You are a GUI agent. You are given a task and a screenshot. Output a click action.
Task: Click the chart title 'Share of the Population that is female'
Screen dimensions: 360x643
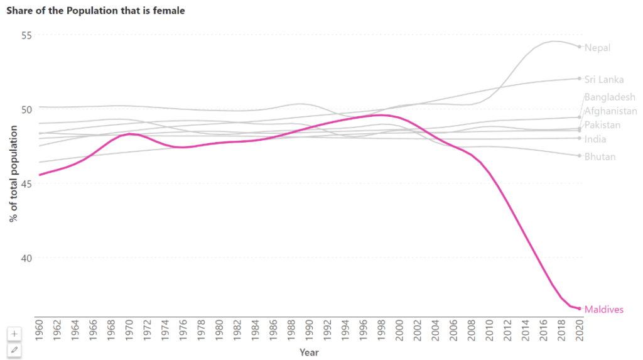pos(95,11)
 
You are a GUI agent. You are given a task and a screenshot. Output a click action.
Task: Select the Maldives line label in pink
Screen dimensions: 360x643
pos(603,310)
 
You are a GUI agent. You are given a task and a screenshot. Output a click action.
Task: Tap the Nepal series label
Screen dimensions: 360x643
pos(597,48)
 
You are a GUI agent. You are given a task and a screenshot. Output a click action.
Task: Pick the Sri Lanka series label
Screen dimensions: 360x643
pos(603,79)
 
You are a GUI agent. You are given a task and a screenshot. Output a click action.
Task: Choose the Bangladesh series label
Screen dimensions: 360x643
pos(609,97)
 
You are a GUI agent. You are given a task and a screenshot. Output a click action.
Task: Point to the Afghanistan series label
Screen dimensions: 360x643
pos(610,111)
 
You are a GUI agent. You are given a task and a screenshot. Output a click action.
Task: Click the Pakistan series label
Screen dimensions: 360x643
pos(602,125)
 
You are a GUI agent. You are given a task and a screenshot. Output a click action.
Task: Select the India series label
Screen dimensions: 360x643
pos(595,139)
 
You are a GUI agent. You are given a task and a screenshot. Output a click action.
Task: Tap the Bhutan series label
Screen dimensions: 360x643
pos(600,156)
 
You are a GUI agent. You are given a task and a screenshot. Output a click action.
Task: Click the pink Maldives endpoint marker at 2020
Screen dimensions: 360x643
pos(579,308)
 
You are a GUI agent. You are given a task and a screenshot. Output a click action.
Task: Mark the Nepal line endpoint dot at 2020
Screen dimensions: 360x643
pos(579,46)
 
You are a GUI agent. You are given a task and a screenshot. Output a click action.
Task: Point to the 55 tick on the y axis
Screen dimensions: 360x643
pos(26,35)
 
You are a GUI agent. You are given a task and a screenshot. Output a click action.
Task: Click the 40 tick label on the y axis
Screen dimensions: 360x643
pos(26,258)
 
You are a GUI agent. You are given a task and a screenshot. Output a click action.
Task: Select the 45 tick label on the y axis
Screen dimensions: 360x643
pos(26,183)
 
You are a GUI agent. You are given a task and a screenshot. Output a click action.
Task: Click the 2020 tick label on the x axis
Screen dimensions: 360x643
pos(579,330)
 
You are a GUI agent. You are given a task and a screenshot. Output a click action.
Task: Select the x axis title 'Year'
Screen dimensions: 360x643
pos(309,352)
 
